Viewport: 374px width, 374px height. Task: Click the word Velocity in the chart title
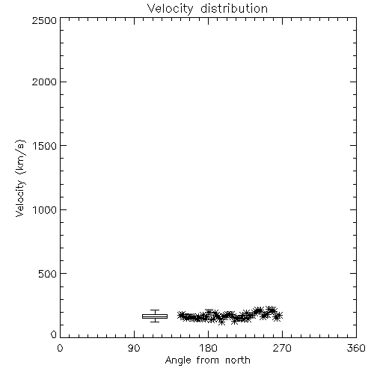coord(170,8)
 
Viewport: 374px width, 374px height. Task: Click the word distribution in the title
coord(234,8)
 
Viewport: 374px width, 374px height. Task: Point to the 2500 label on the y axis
coord(44,20)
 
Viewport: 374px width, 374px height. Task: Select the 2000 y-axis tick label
coord(44,82)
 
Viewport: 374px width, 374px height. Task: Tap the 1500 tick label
coord(45,146)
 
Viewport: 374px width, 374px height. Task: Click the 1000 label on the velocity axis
coord(45,209)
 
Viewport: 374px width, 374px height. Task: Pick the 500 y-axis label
coord(48,274)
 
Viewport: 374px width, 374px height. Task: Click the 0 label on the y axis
coord(54,334)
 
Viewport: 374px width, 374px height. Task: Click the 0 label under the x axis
coord(60,348)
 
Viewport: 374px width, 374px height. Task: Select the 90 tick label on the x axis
coord(134,348)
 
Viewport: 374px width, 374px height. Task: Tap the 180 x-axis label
coord(208,348)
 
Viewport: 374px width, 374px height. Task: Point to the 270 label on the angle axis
coord(282,348)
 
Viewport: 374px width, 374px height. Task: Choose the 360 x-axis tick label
coord(356,348)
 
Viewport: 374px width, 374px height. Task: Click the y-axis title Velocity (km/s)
coord(20,178)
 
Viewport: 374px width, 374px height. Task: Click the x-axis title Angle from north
coord(207,361)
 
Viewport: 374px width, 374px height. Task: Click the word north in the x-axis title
coord(238,361)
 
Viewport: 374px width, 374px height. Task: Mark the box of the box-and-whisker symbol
coord(155,316)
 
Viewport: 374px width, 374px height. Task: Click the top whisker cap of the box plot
coord(155,310)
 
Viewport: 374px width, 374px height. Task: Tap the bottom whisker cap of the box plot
coord(155,322)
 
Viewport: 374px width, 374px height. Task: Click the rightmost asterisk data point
coord(278,316)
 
